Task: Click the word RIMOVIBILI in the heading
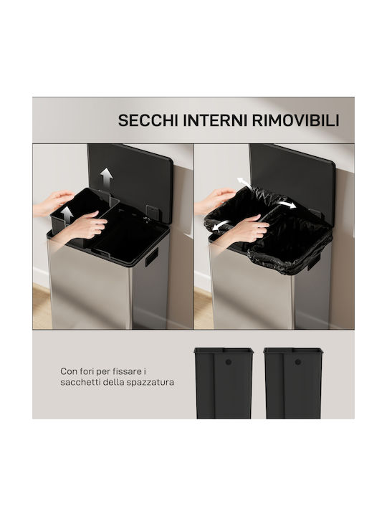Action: (295, 120)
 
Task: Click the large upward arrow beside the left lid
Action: (107, 177)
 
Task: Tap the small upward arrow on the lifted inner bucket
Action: (67, 215)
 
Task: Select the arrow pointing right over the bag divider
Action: (285, 204)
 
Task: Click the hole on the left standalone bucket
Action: (229, 362)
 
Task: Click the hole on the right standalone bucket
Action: (298, 362)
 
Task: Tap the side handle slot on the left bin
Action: (152, 257)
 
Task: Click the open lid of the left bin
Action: (130, 181)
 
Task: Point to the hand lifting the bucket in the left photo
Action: (87, 226)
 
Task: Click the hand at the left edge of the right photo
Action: (214, 200)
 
